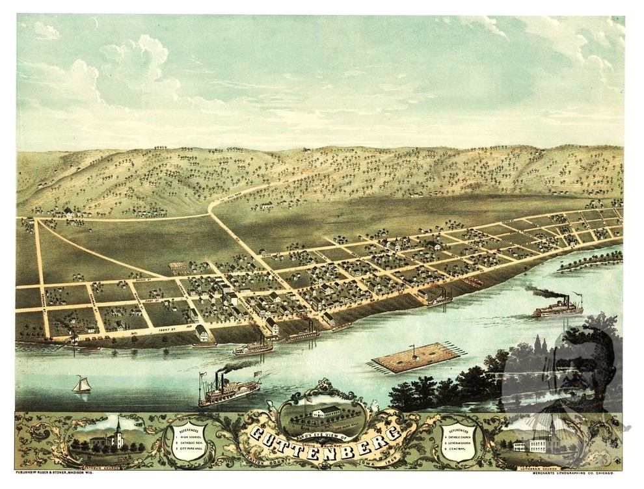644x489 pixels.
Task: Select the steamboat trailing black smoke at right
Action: pos(558,308)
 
